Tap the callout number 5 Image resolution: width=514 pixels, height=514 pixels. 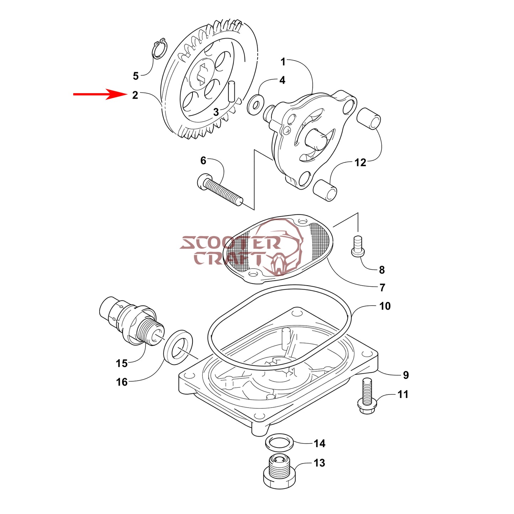[x=136, y=76]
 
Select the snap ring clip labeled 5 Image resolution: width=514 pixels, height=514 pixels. [x=158, y=49]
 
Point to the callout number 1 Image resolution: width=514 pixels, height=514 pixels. [x=283, y=62]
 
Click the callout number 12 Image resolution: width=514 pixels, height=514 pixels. [x=360, y=163]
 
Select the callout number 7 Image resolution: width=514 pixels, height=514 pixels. [x=382, y=287]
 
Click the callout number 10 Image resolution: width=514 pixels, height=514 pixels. [x=385, y=306]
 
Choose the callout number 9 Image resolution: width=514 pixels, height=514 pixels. [x=406, y=375]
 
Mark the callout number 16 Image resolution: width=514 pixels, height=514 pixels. [x=122, y=382]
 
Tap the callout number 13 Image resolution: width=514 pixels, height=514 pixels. [x=319, y=463]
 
